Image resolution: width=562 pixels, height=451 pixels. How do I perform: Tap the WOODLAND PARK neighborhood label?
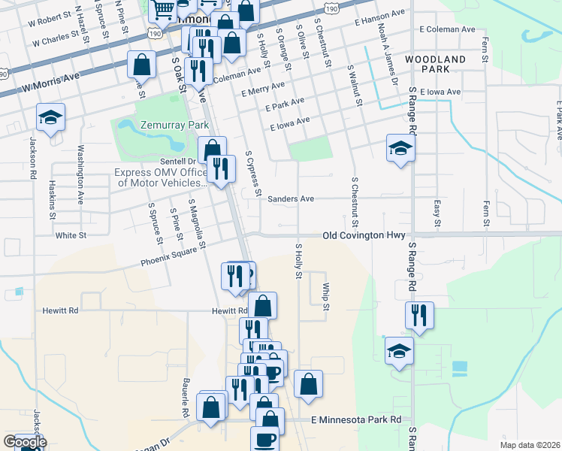pos(435,64)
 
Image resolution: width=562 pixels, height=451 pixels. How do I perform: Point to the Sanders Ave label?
pos(291,199)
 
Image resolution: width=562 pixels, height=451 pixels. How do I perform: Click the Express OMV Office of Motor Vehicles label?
pos(160,177)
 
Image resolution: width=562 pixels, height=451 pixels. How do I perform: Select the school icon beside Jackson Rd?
pos(50,118)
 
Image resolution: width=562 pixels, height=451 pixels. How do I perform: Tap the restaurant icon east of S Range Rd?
pos(419,315)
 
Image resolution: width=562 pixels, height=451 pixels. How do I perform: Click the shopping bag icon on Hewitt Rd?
pos(262,306)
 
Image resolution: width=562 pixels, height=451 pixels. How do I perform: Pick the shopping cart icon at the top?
pos(162,10)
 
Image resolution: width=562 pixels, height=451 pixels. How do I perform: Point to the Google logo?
pos(24,443)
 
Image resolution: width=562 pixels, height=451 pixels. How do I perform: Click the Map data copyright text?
pos(529,445)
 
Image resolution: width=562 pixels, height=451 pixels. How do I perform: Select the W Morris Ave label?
pos(51,82)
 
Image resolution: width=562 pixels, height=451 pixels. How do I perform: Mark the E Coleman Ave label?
pos(448,29)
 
